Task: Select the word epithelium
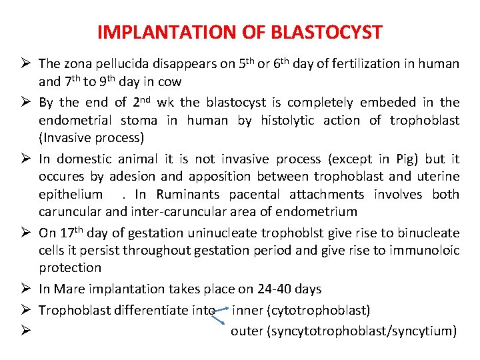71,195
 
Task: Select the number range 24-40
271,289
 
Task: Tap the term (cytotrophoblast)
318,310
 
